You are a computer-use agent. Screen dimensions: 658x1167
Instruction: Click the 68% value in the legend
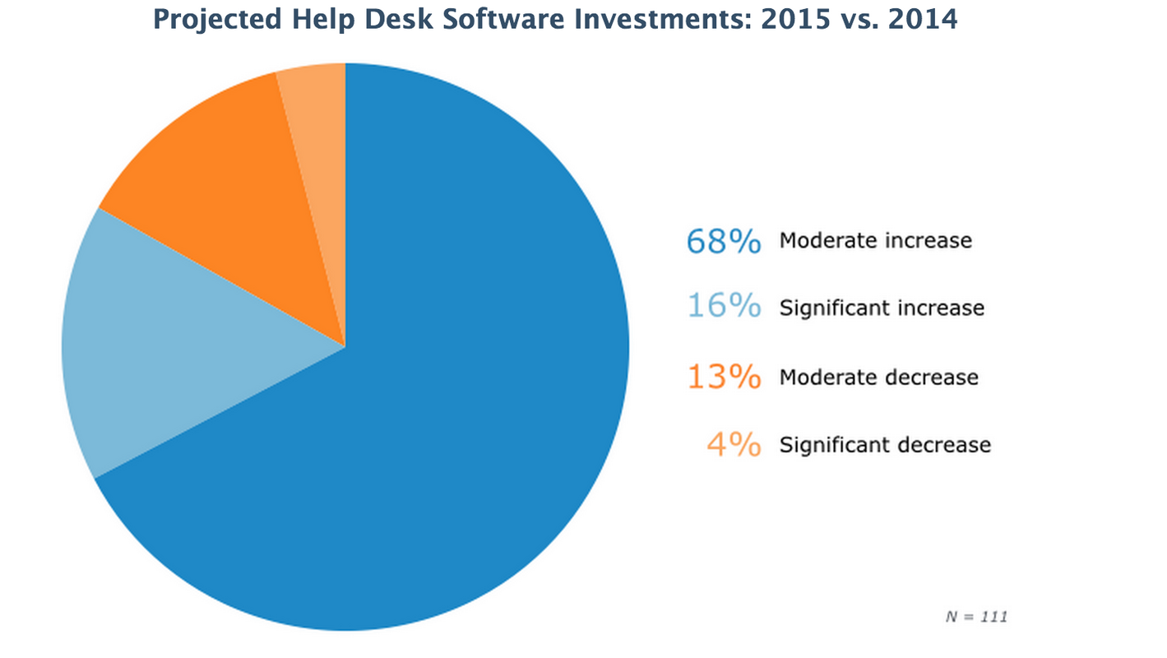pos(724,241)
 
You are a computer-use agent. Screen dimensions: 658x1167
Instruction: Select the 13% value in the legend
pos(724,378)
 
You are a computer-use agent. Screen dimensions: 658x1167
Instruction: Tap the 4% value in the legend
pos(734,445)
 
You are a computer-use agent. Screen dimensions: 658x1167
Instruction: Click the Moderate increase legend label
pos(876,241)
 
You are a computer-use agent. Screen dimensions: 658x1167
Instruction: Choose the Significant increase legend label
pos(882,308)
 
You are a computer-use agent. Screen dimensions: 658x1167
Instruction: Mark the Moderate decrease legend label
pos(879,378)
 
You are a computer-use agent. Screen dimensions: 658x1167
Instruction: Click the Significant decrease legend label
pos(885,445)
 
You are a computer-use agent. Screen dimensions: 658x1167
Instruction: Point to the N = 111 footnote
pos(975,616)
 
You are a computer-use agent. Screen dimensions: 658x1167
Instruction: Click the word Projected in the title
pos(208,20)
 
